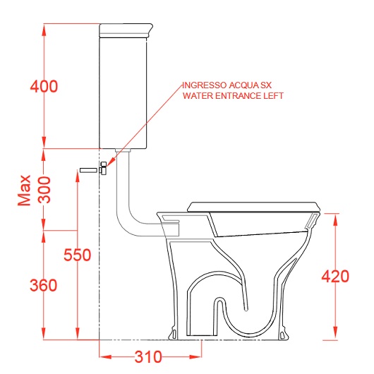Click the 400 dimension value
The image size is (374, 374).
[x=44, y=86]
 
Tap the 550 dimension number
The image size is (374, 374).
[x=78, y=255]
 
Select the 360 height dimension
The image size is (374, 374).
[x=44, y=285]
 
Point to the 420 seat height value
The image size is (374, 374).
[x=335, y=277]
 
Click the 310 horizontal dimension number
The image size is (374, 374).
[x=148, y=357]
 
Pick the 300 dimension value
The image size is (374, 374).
[x=45, y=190]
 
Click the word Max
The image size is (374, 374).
[x=24, y=190]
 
